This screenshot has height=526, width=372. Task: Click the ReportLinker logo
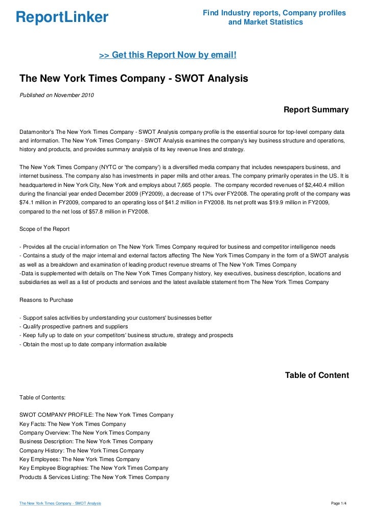[x=62, y=18]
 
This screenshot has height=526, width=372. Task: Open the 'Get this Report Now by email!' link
[x=167, y=55]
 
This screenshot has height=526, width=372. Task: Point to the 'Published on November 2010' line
[x=56, y=95]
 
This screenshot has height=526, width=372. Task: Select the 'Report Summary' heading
[x=316, y=110]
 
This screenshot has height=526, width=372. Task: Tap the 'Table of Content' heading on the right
[x=317, y=375]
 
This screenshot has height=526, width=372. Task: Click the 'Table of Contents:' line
[x=42, y=397]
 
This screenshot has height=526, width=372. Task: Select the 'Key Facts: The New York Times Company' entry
[x=73, y=424]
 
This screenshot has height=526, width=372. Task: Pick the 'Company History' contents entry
[x=81, y=451]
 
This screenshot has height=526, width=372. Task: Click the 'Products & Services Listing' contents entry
[x=94, y=477]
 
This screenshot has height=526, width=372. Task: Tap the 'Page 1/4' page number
[x=339, y=504]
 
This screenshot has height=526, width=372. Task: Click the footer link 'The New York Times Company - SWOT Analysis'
[x=60, y=504]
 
